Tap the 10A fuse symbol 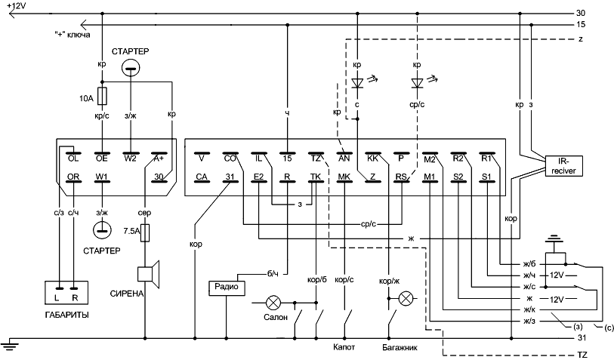(x=103, y=96)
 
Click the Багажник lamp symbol (x=406, y=299)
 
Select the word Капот (x=345, y=349)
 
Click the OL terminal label (x=73, y=159)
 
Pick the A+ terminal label (x=159, y=159)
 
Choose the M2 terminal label (x=430, y=159)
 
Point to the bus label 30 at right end (x=581, y=14)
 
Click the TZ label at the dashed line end (x=582, y=353)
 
